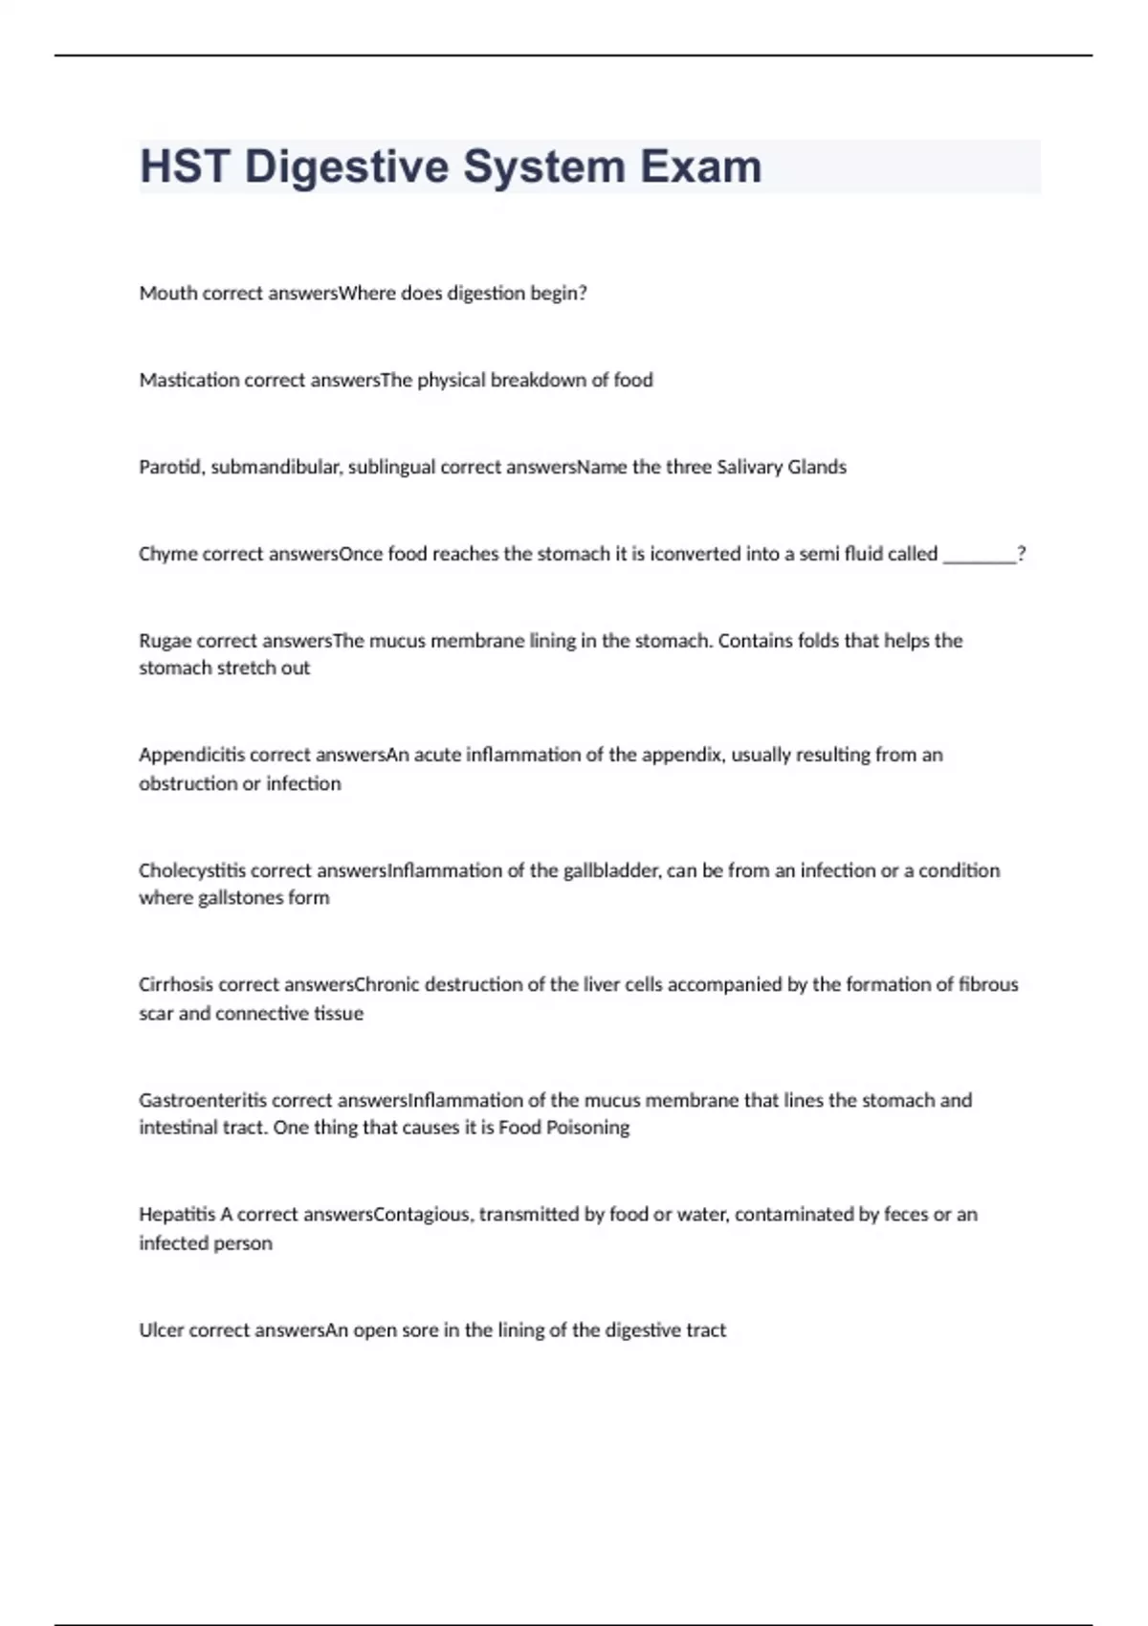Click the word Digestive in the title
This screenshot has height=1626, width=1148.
[x=346, y=167]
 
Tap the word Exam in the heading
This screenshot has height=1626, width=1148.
[x=700, y=166]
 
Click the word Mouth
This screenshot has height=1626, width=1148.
[x=168, y=294]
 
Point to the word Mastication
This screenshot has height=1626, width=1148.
[x=189, y=381]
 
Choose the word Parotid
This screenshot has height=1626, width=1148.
[x=170, y=468]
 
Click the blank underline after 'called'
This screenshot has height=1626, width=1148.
[x=979, y=556]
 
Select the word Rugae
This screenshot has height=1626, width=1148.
[x=166, y=641]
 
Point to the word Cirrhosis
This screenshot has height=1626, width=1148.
[x=176, y=985]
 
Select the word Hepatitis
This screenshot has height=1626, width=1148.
[x=177, y=1215]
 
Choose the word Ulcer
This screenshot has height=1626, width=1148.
[x=161, y=1330]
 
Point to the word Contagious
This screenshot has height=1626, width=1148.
[x=424, y=1216]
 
